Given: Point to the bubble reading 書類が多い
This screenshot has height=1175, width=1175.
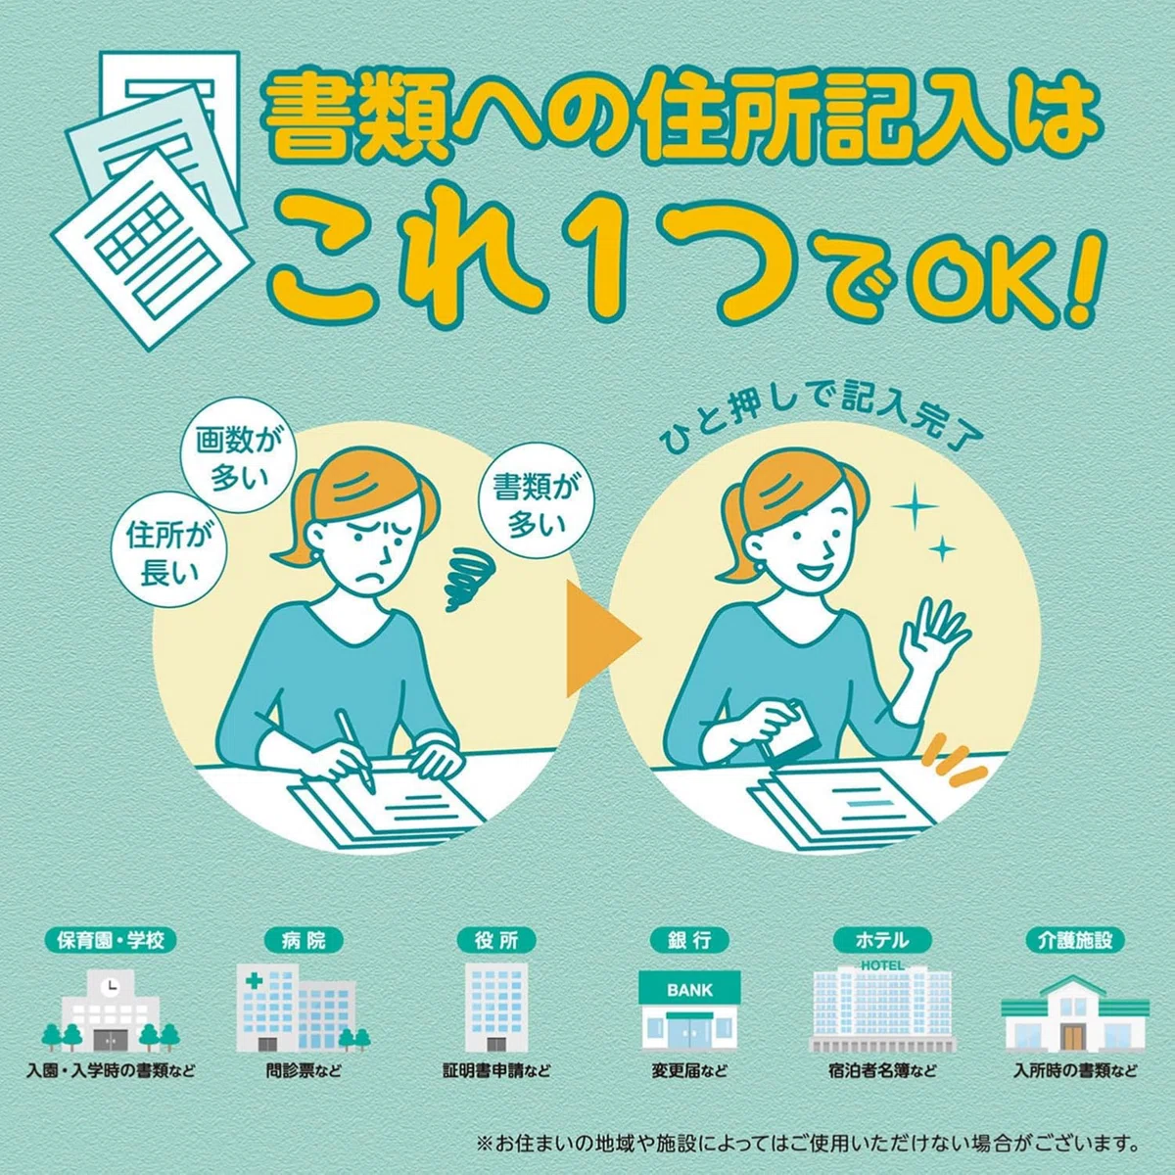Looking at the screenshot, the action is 537,506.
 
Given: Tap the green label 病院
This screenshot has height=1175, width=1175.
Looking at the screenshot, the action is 304,941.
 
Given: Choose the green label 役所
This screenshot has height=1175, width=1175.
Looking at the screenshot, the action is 497,941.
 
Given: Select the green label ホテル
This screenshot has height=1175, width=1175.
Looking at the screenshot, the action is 882,941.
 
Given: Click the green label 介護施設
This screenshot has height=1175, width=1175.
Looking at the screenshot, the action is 1075,941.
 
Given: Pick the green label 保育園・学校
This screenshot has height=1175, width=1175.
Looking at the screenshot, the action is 111,941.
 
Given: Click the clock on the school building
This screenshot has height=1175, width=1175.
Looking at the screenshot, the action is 111,986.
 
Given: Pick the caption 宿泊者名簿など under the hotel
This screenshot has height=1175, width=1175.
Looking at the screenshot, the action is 882,1071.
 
